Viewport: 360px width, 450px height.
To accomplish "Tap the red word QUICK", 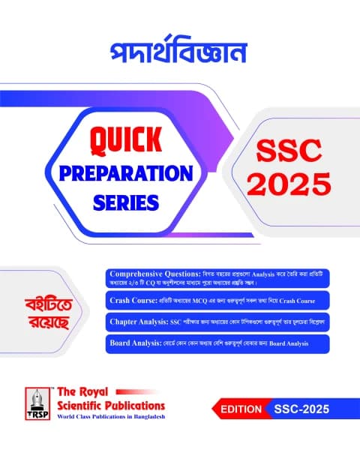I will click(132, 139).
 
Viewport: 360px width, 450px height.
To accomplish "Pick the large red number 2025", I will click(288, 183).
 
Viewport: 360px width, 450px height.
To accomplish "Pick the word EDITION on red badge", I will click(240, 409).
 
